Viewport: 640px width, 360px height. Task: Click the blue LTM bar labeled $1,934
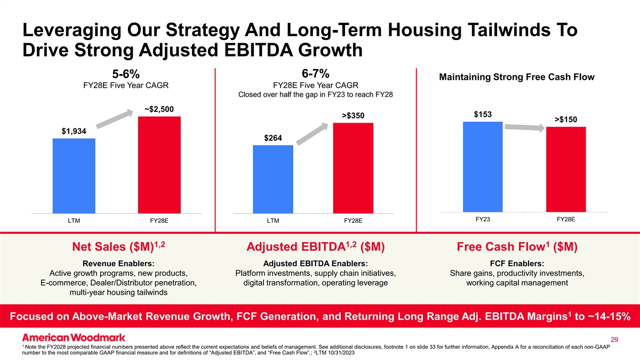pos(74,175)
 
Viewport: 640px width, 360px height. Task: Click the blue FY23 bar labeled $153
pos(483,166)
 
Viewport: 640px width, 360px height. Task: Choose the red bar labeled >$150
pos(566,169)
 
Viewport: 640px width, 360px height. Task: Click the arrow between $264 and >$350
pos(312,134)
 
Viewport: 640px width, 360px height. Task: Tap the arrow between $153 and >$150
pos(526,127)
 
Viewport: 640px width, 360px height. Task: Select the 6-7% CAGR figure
pos(315,73)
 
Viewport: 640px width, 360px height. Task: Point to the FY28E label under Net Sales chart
pos(159,220)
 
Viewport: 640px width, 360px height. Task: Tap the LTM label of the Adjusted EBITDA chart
pos(273,220)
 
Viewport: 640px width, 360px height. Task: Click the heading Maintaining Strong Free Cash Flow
pos(516,78)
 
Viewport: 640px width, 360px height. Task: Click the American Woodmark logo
pos(74,337)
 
